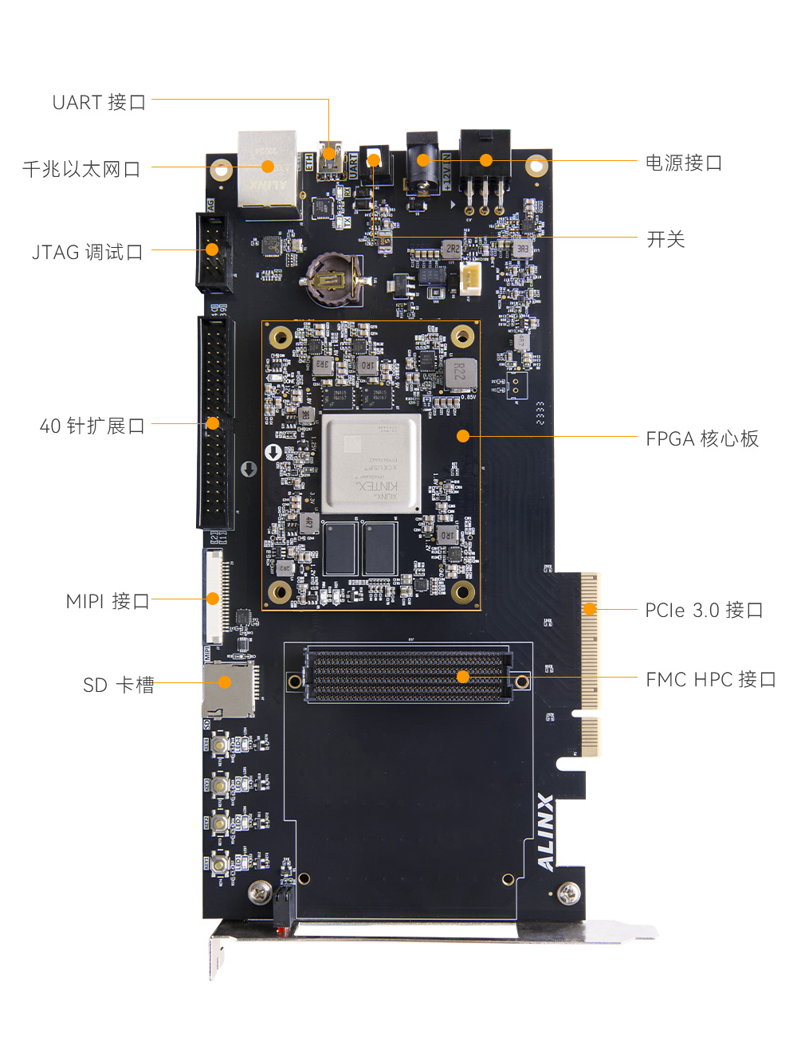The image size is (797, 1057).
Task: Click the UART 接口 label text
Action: coord(99,103)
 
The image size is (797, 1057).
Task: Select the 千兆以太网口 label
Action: coord(81,169)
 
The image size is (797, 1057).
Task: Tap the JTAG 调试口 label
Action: coord(87,253)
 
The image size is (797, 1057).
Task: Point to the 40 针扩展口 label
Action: coord(92,426)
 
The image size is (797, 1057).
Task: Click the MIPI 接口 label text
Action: coord(108,602)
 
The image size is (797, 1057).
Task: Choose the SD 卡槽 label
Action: coord(119,686)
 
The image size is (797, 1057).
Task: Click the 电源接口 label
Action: coord(683,163)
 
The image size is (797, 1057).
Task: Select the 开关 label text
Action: coord(665,240)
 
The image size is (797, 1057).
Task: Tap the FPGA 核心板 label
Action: coord(702,439)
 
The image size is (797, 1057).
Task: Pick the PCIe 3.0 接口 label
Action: coord(704,611)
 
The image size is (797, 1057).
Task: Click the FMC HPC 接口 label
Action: coord(710,680)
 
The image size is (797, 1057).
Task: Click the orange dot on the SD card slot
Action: coord(225,682)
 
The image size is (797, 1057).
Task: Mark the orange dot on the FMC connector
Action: coord(463,677)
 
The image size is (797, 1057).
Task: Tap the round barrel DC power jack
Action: coord(422,163)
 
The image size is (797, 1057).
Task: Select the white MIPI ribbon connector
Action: coord(214,597)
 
